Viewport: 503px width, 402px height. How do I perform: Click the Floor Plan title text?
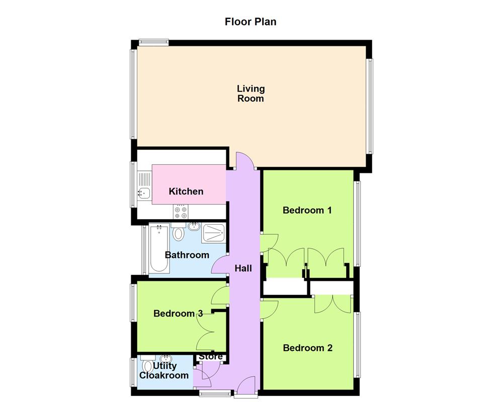pyautogui.click(x=250, y=22)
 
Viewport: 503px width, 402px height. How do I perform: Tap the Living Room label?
pyautogui.click(x=250, y=93)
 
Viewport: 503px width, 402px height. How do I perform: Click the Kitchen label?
pyautogui.click(x=186, y=191)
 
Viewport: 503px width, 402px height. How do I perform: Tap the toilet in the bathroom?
pyautogui.click(x=178, y=233)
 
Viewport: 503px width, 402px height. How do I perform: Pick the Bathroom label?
pyautogui.click(x=187, y=255)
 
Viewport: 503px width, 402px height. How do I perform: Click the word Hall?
pyautogui.click(x=243, y=269)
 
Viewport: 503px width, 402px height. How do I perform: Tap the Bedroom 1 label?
pyautogui.click(x=307, y=211)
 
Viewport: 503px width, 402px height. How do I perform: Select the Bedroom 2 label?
pyautogui.click(x=307, y=348)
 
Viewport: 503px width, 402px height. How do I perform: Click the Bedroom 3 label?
pyautogui.click(x=178, y=314)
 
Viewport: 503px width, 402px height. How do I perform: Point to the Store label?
pyautogui.click(x=211, y=357)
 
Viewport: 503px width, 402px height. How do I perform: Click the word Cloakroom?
pyautogui.click(x=164, y=375)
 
